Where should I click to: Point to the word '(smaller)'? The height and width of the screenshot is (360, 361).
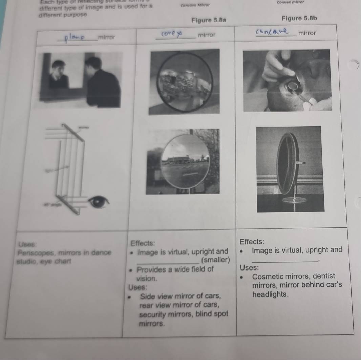pyautogui.click(x=215, y=260)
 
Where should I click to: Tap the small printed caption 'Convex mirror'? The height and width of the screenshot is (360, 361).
pyautogui.click(x=290, y=2)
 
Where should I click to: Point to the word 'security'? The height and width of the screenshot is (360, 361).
pyautogui.click(x=153, y=314)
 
